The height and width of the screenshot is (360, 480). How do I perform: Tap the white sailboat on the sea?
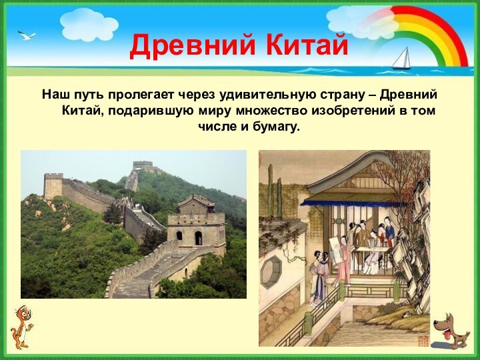401,59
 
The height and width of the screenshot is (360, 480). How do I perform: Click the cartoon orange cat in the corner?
23,327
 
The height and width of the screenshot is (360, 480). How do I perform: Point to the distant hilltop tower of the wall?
142,165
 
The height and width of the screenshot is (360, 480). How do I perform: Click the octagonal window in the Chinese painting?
271,272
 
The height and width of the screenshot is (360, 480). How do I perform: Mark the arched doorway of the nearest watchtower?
198,238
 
